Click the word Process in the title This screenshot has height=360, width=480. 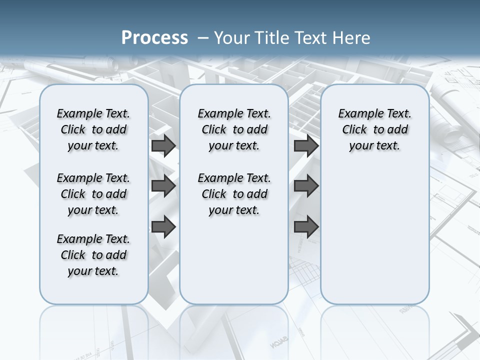point(154,37)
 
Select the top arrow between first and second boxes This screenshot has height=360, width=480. point(163,146)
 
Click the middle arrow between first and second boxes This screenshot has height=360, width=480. point(163,186)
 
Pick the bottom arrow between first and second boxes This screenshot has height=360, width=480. point(163,227)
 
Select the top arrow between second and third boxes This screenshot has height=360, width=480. point(306,146)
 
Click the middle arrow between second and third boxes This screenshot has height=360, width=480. point(306,186)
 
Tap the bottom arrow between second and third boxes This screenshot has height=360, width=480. point(306,227)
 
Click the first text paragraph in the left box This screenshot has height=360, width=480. point(93,129)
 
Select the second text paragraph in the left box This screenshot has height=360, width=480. point(93,194)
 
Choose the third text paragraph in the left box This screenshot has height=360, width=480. point(93,255)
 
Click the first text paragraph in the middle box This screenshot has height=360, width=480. point(234,129)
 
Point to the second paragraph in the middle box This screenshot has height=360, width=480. point(234,194)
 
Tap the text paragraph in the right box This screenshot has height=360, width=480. point(374,129)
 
